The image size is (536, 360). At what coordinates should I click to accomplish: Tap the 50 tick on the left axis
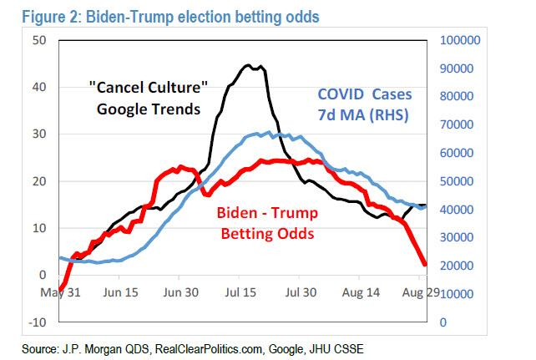click(39, 40)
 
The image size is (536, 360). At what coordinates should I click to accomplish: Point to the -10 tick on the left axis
click(38, 322)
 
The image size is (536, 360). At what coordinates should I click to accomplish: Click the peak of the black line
click(249, 64)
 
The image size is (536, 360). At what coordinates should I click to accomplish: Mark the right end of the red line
click(426, 265)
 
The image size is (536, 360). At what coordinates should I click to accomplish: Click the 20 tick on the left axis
click(39, 181)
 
